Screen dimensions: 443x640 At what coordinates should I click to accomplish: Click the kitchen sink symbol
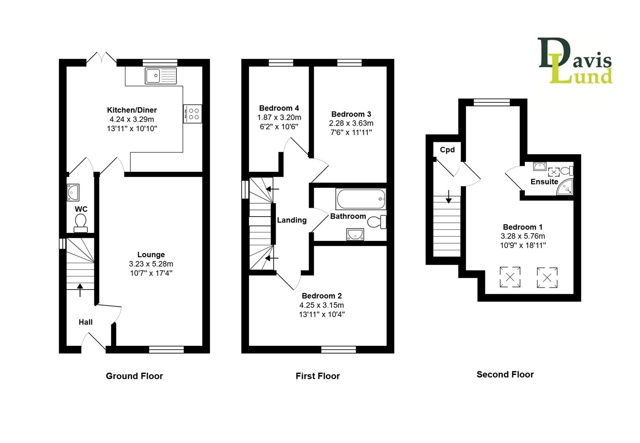[160, 75]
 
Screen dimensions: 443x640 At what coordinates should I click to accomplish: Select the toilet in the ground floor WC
[81, 223]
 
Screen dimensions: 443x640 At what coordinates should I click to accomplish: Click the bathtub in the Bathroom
[361, 199]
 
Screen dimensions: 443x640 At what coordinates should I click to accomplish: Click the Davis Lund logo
[575, 61]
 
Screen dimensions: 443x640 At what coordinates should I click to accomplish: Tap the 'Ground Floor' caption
[134, 376]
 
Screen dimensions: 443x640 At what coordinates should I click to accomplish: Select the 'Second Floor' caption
[505, 374]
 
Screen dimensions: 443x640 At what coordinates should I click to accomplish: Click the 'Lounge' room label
[151, 255]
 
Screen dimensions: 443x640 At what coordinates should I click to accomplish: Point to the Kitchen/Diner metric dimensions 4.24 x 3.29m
[132, 119]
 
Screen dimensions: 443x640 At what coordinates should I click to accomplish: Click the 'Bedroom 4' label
[279, 108]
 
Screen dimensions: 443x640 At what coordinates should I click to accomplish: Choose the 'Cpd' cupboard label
[447, 150]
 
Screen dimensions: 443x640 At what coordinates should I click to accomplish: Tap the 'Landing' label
[292, 220]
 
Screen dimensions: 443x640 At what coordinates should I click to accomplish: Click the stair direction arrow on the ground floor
[80, 290]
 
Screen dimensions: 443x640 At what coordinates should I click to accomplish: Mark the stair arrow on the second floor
[448, 197]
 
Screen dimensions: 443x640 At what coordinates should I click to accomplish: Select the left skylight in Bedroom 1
[510, 277]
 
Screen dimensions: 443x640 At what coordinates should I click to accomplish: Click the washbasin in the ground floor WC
[73, 192]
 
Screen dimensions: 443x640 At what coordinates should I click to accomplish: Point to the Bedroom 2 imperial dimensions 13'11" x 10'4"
[322, 315]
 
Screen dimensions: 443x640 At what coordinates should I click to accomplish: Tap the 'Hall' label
[85, 322]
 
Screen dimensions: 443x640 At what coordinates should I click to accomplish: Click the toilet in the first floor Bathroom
[376, 222]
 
